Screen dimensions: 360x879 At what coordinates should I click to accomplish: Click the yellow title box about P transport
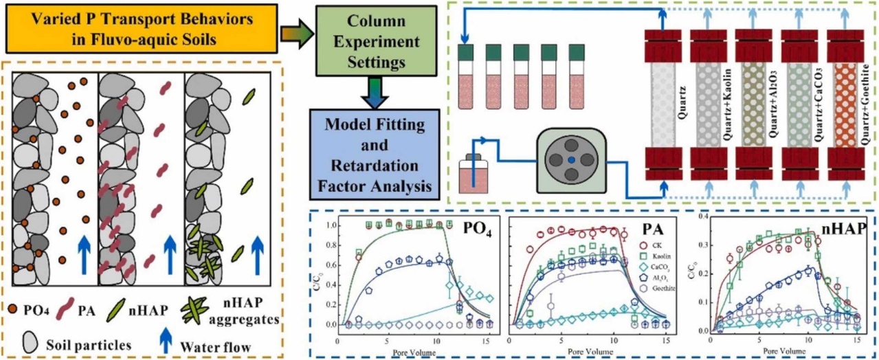tap(140, 29)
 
